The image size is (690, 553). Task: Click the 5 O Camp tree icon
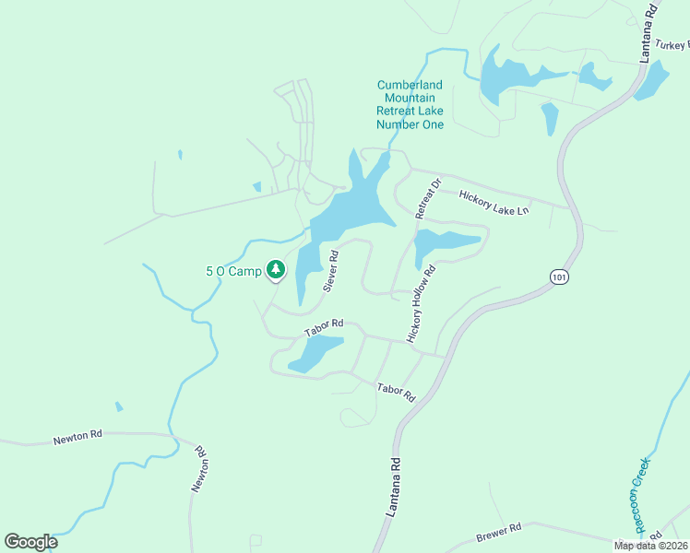[x=275, y=269]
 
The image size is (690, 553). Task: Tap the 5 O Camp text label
[x=233, y=271]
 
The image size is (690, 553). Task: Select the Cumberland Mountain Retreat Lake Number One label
[x=410, y=105]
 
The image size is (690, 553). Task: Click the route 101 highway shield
[x=557, y=276]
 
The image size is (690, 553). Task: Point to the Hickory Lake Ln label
[x=494, y=203]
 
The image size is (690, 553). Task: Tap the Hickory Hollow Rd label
[x=420, y=303]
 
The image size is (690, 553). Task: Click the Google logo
[x=30, y=542]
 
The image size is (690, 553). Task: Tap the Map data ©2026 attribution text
[x=650, y=545]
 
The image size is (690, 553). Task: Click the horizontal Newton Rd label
[x=77, y=436]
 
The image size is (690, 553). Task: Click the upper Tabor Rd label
[x=324, y=324]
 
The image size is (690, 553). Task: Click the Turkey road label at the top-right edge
[x=672, y=44]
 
